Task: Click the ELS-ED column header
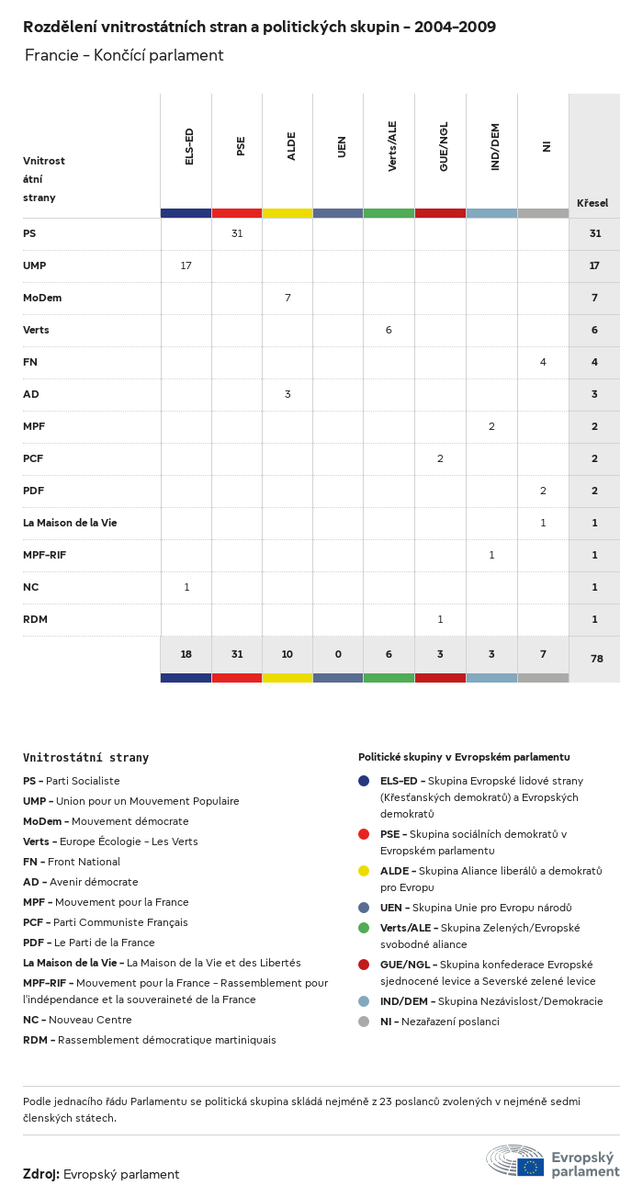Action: pyautogui.click(x=189, y=147)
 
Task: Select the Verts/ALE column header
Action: pyautogui.click(x=392, y=146)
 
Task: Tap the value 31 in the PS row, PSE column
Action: pyautogui.click(x=237, y=233)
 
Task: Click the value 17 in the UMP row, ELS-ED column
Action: pyautogui.click(x=186, y=265)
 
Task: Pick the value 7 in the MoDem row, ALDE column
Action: pyautogui.click(x=288, y=298)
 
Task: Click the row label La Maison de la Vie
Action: pyautogui.click(x=70, y=523)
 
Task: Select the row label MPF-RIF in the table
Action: pyautogui.click(x=44, y=555)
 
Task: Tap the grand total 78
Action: pyautogui.click(x=594, y=660)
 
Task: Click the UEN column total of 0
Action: pyautogui.click(x=338, y=654)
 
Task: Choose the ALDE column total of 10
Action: pyautogui.click(x=288, y=654)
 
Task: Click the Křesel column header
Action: pyautogui.click(x=592, y=203)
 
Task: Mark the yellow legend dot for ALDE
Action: pyautogui.click(x=365, y=870)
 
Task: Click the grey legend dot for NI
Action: pyautogui.click(x=365, y=1021)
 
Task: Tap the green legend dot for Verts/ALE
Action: pyautogui.click(x=365, y=927)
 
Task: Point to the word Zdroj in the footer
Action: pyautogui.click(x=41, y=1174)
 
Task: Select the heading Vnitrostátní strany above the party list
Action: pyautogui.click(x=85, y=758)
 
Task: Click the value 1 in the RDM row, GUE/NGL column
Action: pyautogui.click(x=440, y=619)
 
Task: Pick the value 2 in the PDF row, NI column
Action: pyautogui.click(x=543, y=491)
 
